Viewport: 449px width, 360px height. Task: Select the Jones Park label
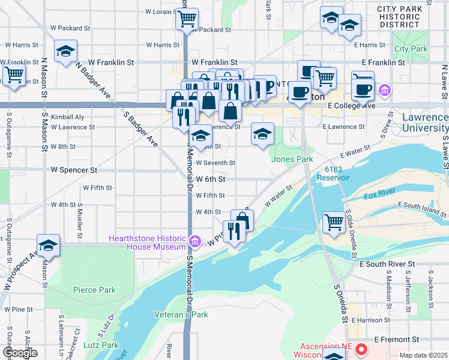tap(292, 159)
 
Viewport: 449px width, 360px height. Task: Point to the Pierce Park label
tap(94, 290)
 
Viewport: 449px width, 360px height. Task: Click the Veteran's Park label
tap(181, 314)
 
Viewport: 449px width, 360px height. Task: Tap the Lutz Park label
tap(101, 345)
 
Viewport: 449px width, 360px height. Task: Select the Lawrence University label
tap(425, 122)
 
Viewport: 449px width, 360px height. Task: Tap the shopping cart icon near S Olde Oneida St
tap(334, 221)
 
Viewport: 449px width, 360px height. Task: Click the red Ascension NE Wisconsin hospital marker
tap(361, 349)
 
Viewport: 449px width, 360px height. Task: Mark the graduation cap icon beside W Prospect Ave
tap(48, 245)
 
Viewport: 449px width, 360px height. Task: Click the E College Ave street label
tap(351, 106)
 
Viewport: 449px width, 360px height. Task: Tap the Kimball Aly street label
tap(67, 117)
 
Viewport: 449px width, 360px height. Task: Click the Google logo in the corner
tap(20, 353)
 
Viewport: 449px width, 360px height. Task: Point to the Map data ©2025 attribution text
tap(423, 355)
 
